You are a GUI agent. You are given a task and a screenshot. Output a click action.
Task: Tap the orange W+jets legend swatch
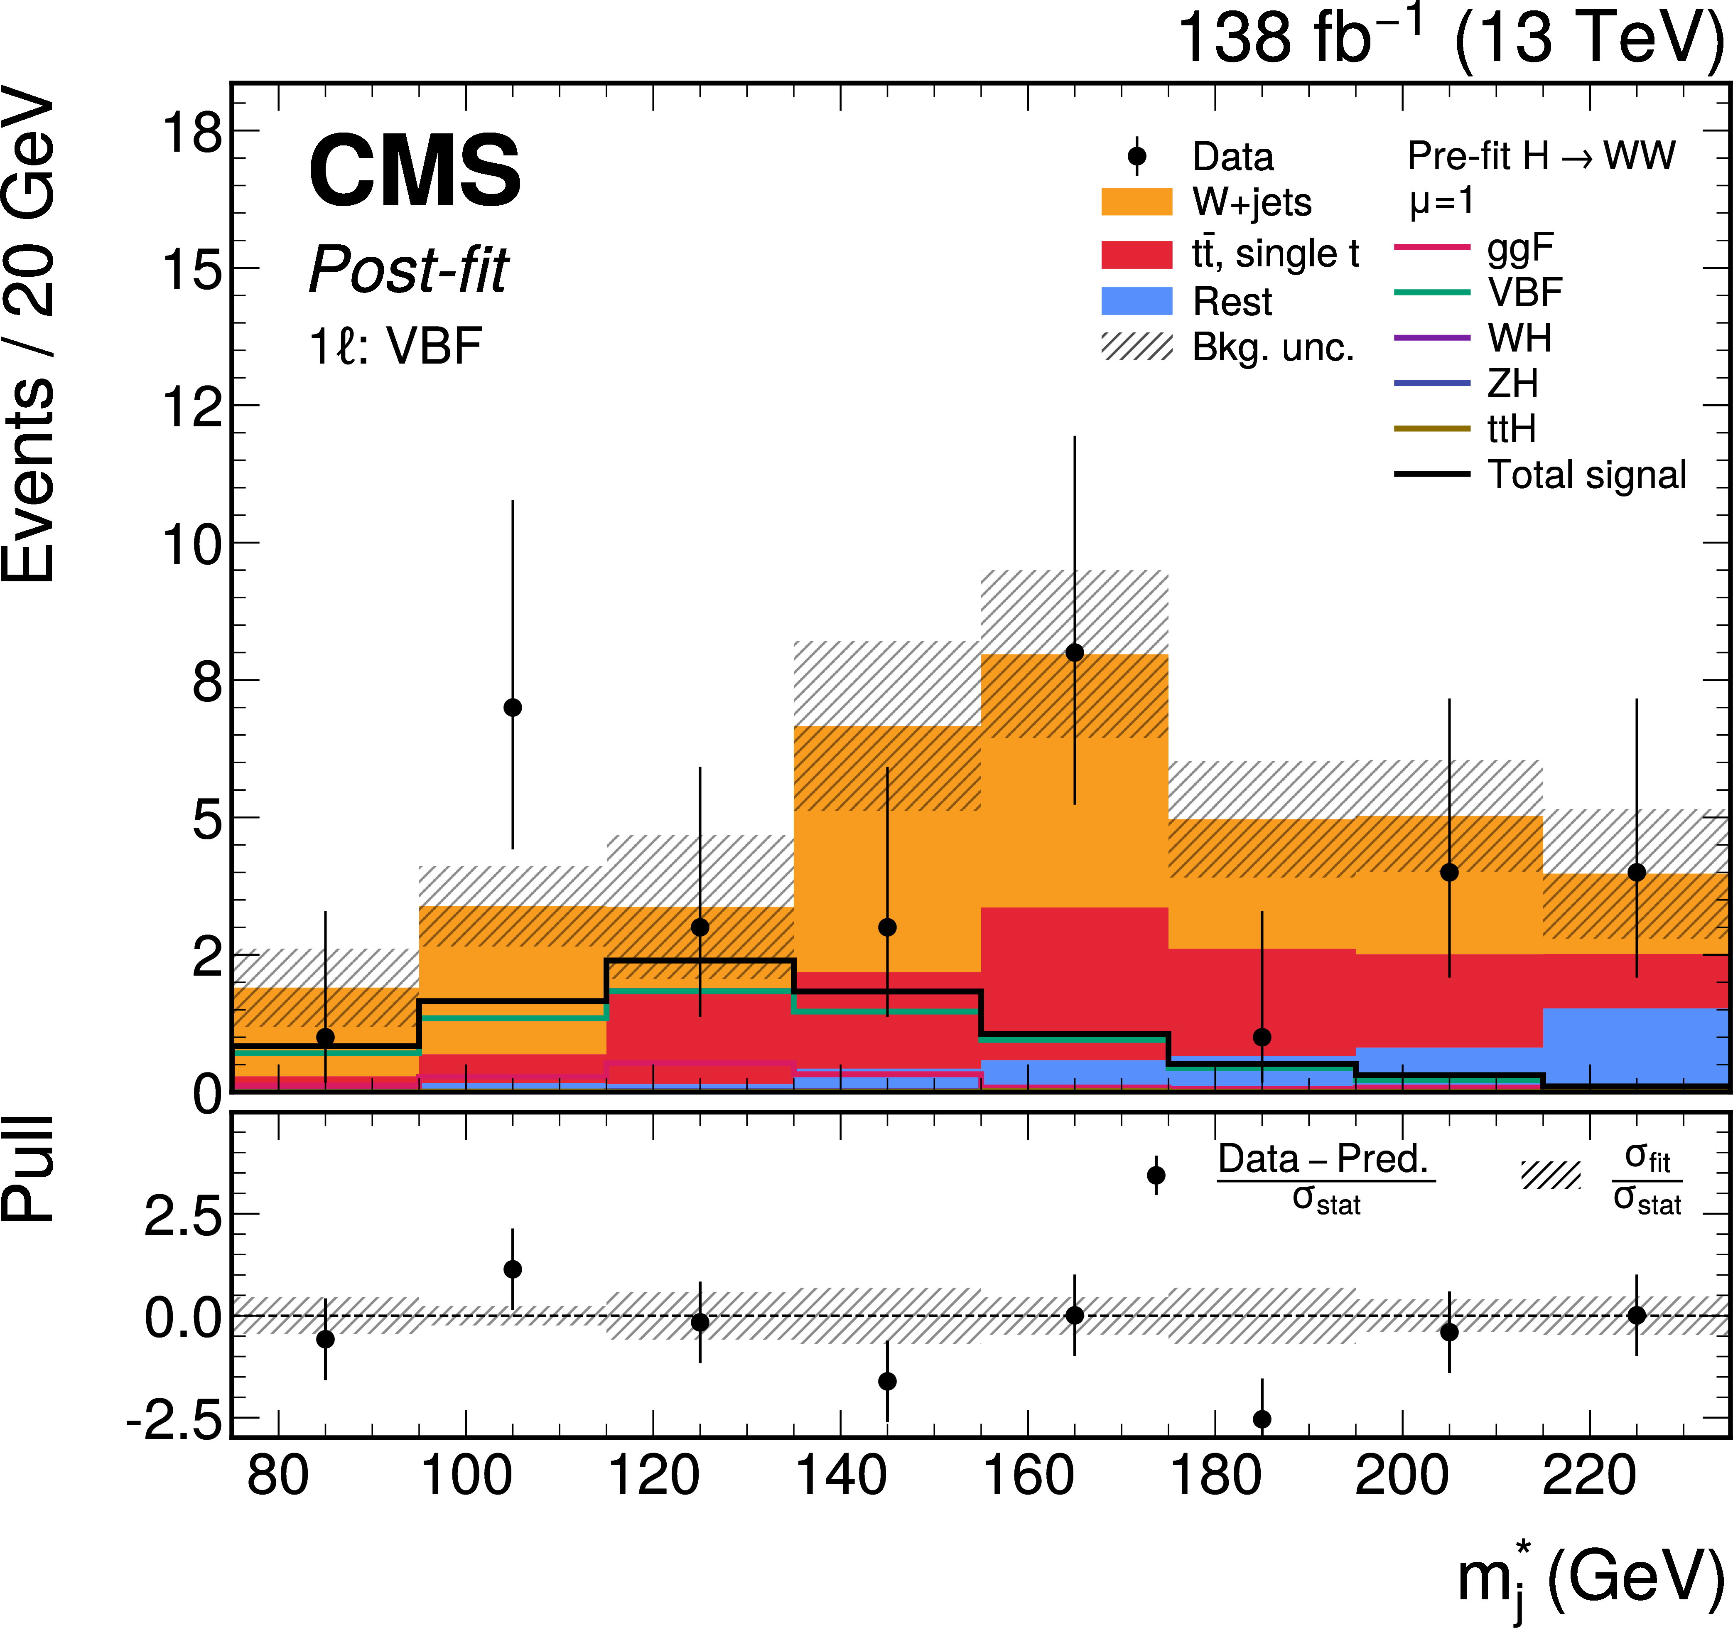click(1137, 202)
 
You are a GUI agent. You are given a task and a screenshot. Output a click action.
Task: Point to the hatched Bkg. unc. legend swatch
click(1137, 347)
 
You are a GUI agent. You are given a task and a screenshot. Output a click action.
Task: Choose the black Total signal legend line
click(1432, 475)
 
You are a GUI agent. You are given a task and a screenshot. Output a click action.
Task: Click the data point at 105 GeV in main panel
click(513, 707)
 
